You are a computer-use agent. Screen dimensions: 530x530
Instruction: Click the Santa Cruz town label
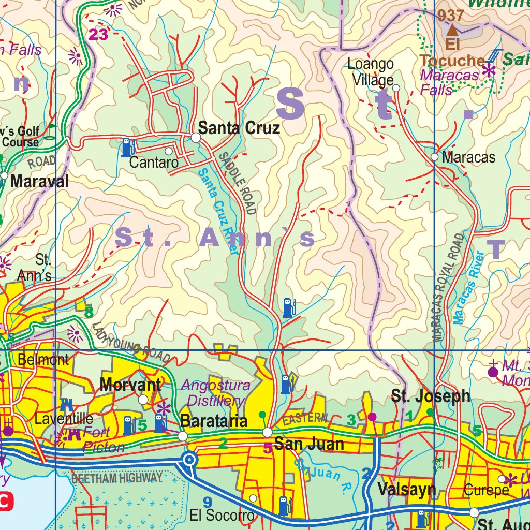click(239, 128)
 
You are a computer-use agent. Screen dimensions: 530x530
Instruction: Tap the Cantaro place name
click(154, 162)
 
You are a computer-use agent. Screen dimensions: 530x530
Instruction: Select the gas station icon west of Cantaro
click(127, 148)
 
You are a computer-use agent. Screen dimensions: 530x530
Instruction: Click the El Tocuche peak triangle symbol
click(452, 31)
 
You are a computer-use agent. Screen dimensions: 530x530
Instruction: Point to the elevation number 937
click(450, 16)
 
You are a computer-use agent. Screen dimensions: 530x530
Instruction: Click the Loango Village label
click(371, 72)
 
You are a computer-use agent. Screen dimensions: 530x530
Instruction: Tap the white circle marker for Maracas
click(434, 157)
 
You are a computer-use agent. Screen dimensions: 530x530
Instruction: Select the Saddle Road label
click(238, 183)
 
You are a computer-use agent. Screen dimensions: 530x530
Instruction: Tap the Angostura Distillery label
click(215, 393)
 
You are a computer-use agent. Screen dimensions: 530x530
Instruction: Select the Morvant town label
click(130, 385)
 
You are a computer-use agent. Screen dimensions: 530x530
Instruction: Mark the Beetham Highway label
click(116, 477)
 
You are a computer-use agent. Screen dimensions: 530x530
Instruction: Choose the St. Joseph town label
click(431, 396)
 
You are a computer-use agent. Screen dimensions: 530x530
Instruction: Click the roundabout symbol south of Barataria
click(189, 460)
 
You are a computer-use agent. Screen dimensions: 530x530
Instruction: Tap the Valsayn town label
click(406, 489)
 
